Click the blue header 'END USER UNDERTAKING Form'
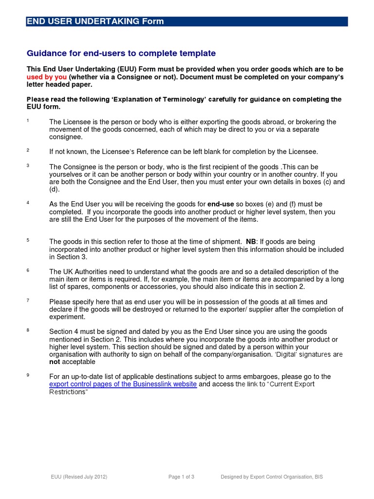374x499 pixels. pyautogui.click(x=95, y=21)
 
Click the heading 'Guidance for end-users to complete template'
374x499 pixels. pyautogui.click(x=121, y=53)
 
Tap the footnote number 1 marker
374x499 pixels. pyautogui.click(x=28, y=120)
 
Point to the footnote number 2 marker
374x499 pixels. pyautogui.click(x=28, y=151)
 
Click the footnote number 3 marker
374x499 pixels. pyautogui.click(x=28, y=166)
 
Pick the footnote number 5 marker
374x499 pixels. pyautogui.click(x=28, y=240)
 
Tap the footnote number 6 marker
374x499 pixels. pyautogui.click(x=28, y=270)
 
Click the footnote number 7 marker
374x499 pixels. pyautogui.click(x=28, y=300)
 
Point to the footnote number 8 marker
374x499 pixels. pyautogui.click(x=28, y=330)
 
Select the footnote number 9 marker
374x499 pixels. pyautogui.click(x=28, y=375)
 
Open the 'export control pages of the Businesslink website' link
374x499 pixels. pyautogui.click(x=123, y=384)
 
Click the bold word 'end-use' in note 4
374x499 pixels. pyautogui.click(x=222, y=204)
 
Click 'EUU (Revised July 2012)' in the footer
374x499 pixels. pyautogui.click(x=79, y=477)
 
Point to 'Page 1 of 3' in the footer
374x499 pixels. pyautogui.click(x=182, y=477)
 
